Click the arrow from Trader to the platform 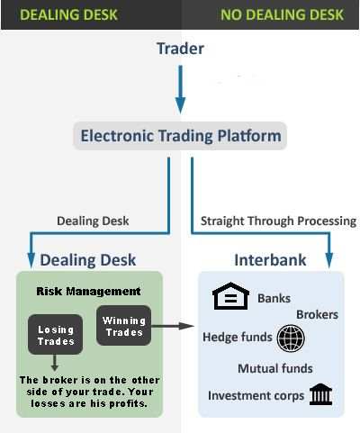point(180,95)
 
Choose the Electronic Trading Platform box point(180,137)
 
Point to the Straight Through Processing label point(278,221)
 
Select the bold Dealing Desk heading point(87,260)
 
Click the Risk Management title point(88,292)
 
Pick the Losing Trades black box point(56,336)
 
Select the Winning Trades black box point(124,326)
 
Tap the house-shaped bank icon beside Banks point(229,298)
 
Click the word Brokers point(317,315)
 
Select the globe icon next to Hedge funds point(291,338)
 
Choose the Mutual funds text point(275,368)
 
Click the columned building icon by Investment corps point(319,394)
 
